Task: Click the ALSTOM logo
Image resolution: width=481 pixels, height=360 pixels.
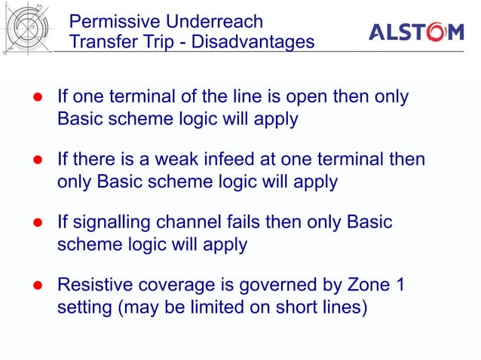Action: pyautogui.click(x=415, y=32)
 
